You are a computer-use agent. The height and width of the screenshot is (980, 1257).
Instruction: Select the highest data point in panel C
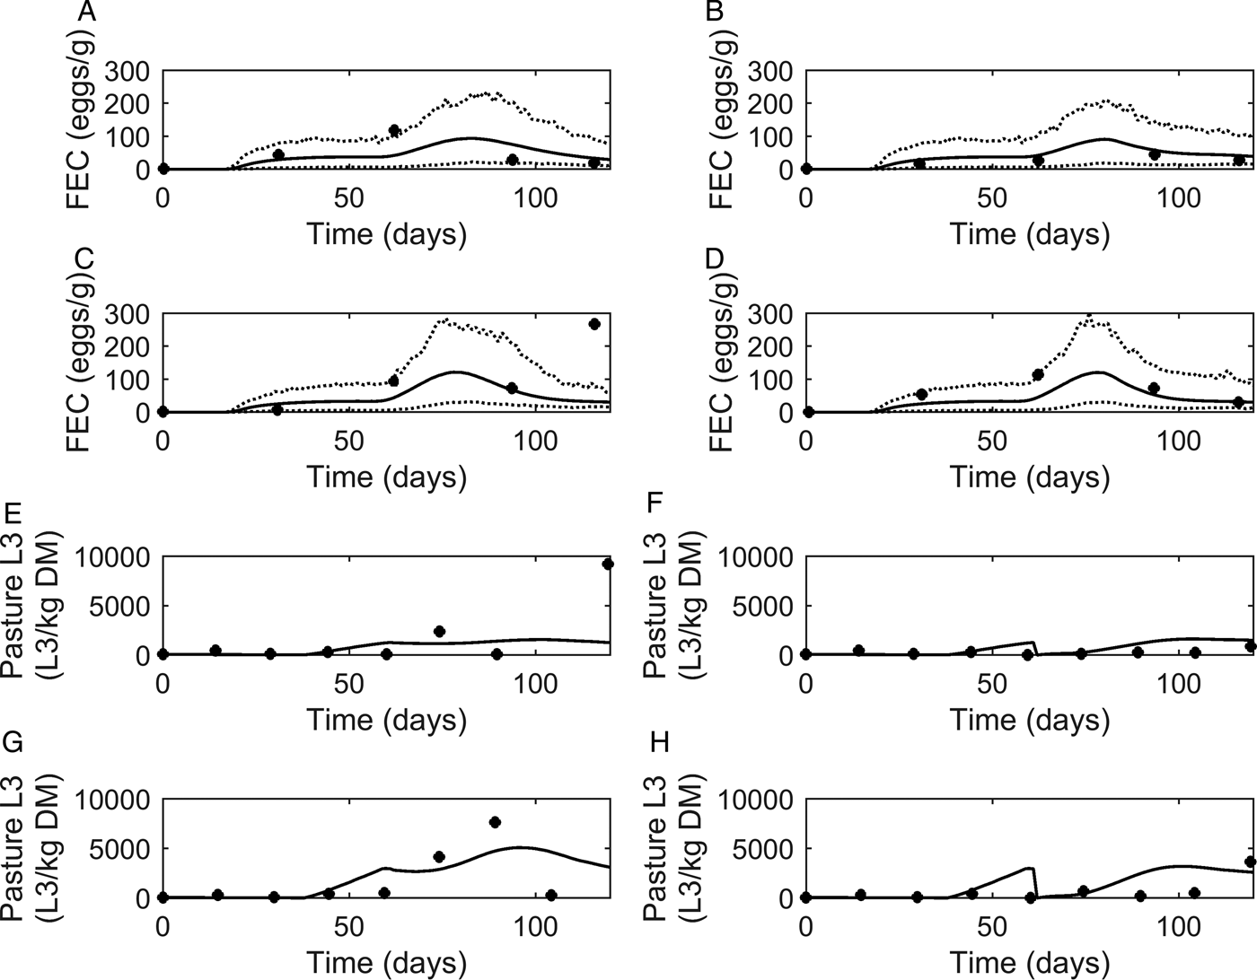[593, 324]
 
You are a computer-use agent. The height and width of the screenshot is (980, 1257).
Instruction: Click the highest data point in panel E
[608, 564]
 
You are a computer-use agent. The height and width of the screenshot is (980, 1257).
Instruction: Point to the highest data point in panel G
[495, 822]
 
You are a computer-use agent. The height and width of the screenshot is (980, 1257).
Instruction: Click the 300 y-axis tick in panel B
[771, 71]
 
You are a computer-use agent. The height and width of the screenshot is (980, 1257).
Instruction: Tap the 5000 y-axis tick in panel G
[122, 849]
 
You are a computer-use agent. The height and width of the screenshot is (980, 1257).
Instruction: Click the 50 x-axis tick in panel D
[992, 440]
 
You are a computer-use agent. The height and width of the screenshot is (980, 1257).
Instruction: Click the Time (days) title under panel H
[1030, 963]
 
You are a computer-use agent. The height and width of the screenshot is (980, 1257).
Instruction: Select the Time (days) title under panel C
[387, 477]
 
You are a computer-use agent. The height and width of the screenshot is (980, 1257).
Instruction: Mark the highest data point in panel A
[393, 131]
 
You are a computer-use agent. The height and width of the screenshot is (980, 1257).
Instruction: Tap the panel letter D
[715, 259]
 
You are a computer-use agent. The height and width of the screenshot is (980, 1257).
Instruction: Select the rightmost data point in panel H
[1250, 862]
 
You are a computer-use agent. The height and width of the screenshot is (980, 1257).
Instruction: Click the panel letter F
[655, 500]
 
